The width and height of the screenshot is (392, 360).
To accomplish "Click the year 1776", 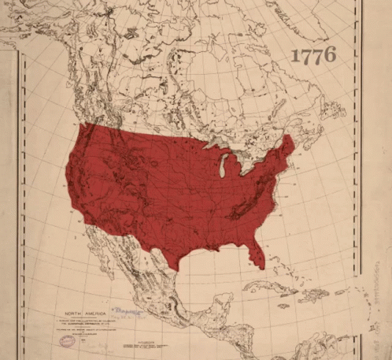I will pos(313,55).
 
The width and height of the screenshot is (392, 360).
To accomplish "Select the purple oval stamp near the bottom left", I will pos(68,340).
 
